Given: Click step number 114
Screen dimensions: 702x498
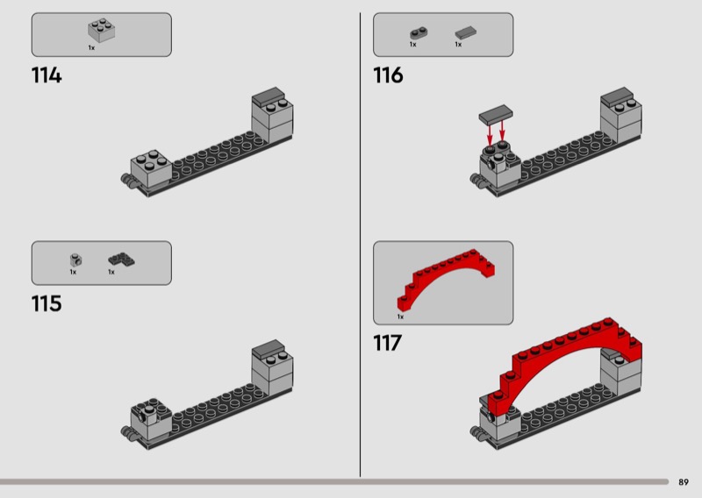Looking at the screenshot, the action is pos(47,75).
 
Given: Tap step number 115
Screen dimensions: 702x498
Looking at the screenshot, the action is pos(47,303).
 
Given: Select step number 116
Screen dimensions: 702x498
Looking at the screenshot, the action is pos(388,75).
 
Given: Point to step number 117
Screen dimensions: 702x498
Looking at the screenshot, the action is pos(387,343).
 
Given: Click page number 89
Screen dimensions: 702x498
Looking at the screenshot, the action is pos(684,482).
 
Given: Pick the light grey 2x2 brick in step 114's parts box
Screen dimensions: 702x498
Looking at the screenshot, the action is pos(101,30).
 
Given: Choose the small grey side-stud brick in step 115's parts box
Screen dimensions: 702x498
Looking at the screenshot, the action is pos(75,260).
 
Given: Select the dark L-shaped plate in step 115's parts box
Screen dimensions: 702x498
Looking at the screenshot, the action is pos(121,260).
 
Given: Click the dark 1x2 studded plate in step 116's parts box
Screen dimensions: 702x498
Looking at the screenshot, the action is pos(419,33).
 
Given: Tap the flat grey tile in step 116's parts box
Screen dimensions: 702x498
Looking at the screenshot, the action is pos(466,33).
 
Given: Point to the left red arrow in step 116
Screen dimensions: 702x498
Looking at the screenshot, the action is pos(490,132).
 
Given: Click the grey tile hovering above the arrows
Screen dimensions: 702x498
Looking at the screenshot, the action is pos(496,114).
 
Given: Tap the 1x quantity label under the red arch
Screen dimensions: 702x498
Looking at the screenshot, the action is pos(400,317).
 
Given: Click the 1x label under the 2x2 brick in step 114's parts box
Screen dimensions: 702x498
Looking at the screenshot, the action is pos(91,48).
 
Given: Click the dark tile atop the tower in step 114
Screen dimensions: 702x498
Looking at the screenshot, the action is pos(269,96).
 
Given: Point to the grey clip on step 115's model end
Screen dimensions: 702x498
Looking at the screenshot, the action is pos(128,431).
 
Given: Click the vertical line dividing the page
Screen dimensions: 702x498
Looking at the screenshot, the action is pos(360,245).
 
